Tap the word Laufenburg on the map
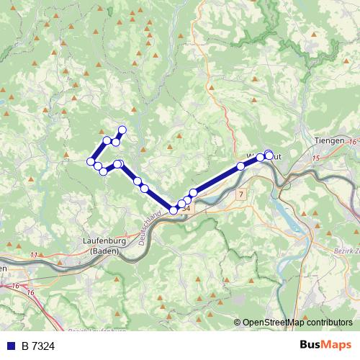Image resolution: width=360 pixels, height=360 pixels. coord(104,241)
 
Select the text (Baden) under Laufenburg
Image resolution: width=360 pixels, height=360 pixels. coord(104,251)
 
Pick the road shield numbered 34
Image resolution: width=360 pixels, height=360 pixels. coord(186,208)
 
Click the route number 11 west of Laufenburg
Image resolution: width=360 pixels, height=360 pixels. coord(35,255)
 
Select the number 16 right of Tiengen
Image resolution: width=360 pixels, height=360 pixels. coord(351,143)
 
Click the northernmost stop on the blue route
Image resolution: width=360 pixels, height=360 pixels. coord(122,130)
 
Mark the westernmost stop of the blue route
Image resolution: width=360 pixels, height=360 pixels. coord(91,161)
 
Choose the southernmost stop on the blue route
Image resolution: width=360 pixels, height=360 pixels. coord(174,210)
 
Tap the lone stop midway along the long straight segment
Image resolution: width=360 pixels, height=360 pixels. coord(240,166)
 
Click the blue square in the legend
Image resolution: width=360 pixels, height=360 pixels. coord(10,346)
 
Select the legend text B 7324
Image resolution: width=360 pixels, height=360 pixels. coord(37,346)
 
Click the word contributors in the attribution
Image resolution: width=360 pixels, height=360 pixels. coord(328,323)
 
